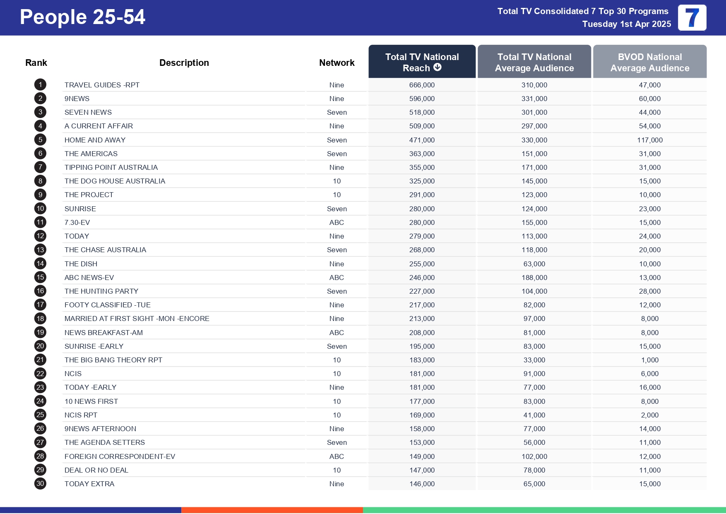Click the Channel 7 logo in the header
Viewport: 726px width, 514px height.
(692, 18)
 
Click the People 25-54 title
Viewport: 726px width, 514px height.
(82, 17)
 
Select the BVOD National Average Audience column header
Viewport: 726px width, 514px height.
(649, 62)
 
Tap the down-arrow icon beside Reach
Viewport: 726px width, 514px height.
(438, 68)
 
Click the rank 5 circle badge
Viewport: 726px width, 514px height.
(40, 140)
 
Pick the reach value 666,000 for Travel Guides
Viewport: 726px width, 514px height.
(422, 85)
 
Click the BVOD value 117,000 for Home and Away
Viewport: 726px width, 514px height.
(649, 140)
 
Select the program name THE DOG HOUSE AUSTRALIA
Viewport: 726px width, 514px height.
(115, 181)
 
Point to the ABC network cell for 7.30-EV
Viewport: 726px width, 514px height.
(337, 222)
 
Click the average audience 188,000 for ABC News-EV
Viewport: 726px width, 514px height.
(534, 278)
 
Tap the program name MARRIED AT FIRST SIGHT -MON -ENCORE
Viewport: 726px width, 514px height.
(137, 319)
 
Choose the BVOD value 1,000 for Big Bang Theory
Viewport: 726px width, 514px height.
(649, 360)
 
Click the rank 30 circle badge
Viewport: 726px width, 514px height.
(40, 483)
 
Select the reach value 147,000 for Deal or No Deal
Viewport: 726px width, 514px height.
(422, 470)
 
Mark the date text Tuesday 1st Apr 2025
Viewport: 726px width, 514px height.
(626, 24)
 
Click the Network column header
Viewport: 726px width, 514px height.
(337, 63)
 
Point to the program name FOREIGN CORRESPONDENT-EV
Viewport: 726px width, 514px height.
(120, 456)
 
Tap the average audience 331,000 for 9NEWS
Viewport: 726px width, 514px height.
(534, 99)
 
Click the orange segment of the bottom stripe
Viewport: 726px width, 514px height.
(272, 510)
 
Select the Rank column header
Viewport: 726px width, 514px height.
(36, 63)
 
